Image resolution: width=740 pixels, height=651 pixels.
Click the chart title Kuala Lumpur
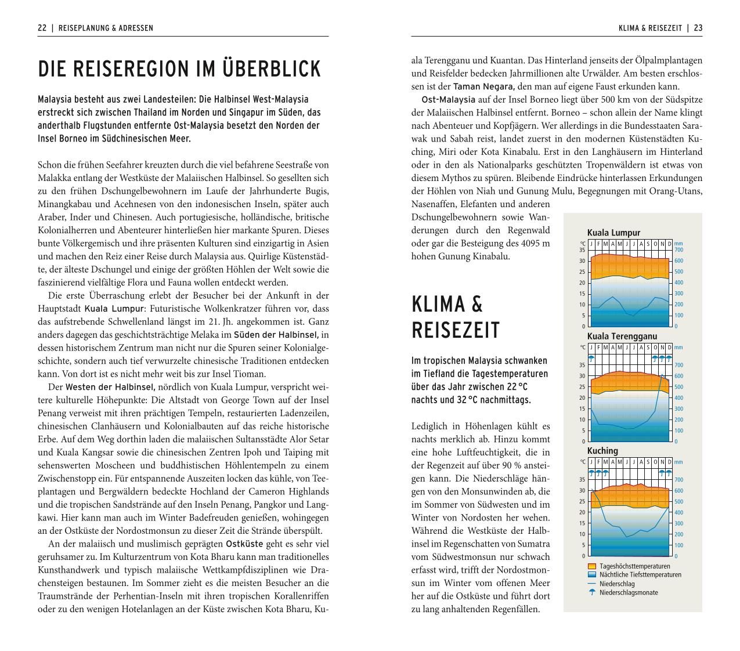[613, 233]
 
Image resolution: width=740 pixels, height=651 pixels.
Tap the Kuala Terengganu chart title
[622, 336]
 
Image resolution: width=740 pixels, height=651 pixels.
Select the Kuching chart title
[602, 451]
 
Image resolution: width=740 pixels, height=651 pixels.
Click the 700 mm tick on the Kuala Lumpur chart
[678, 250]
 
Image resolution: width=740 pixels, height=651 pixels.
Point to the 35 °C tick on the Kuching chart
[582, 480]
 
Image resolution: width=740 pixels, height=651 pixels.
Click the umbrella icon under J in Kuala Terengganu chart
[591, 358]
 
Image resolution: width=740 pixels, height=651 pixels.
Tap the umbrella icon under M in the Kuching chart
[605, 472]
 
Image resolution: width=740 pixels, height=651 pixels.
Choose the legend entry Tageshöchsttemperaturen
[634, 566]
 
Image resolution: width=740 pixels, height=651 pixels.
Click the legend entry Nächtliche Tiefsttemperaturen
[640, 575]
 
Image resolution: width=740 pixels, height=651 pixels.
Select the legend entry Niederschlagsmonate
[629, 593]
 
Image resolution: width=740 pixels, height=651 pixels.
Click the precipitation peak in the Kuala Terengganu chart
[662, 376]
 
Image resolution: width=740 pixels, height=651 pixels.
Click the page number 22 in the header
[42, 28]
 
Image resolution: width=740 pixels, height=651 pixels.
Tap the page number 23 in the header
[698, 28]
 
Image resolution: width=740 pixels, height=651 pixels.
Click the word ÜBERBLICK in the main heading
[272, 69]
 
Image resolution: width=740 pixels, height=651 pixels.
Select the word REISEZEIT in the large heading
[455, 330]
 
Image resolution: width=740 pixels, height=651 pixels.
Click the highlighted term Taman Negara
[479, 86]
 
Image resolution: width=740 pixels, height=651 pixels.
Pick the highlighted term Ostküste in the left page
[244, 544]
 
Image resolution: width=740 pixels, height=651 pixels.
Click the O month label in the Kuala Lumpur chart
[655, 244]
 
